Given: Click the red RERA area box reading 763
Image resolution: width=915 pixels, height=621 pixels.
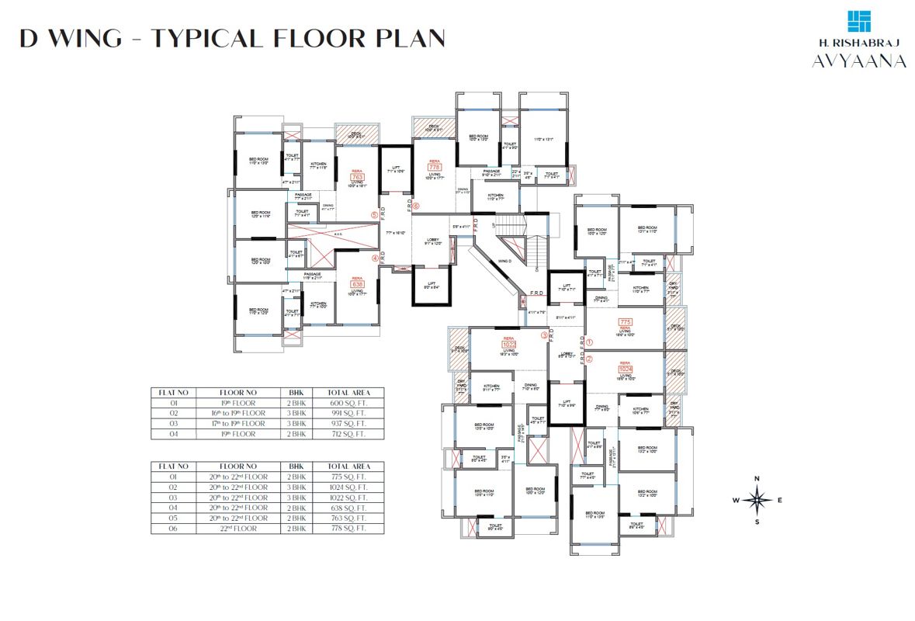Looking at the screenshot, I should click(x=358, y=177).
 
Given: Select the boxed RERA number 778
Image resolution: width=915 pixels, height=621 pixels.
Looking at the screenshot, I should click(x=434, y=166).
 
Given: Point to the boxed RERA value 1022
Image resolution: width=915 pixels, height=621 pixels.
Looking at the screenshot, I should click(x=509, y=345).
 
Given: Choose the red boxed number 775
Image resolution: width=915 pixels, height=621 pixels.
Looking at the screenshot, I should click(x=626, y=321).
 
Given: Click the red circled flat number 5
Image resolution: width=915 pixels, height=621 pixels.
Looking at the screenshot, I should click(x=375, y=215).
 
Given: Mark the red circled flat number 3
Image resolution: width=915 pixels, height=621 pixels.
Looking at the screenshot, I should click(x=544, y=335).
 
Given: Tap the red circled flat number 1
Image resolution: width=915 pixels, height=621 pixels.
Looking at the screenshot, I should click(x=589, y=342).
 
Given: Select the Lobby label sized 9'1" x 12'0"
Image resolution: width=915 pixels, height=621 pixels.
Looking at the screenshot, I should click(x=433, y=241).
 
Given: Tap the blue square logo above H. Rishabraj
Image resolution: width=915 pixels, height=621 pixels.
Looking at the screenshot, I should click(x=858, y=24).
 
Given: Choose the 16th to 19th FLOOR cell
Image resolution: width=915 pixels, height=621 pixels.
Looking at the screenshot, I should click(x=244, y=414).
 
